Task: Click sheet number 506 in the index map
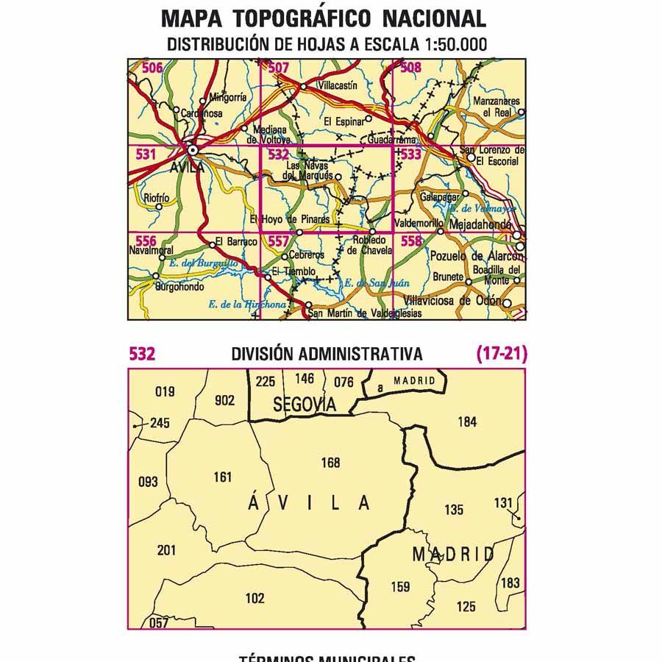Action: [152, 68]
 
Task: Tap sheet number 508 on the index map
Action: [410, 68]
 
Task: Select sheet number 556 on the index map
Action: [146, 241]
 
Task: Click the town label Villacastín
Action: [336, 85]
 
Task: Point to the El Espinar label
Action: [344, 121]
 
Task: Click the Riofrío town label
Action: [157, 198]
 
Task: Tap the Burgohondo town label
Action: [179, 288]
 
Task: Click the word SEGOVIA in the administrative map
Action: [304, 404]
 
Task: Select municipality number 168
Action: [331, 463]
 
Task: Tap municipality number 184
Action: [467, 421]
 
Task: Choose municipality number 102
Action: [255, 598]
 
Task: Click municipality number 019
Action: [165, 391]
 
